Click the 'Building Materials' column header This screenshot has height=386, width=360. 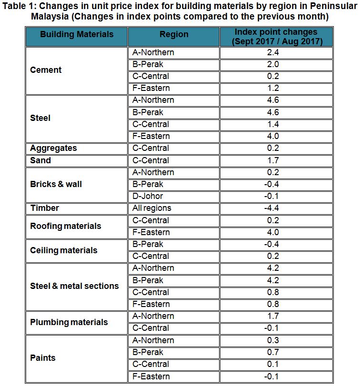pos(77,34)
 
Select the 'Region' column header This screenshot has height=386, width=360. pos(174,34)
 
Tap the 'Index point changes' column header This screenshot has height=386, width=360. pos(276,37)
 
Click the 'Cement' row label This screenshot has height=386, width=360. pos(46,70)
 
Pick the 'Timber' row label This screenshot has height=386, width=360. pos(45,208)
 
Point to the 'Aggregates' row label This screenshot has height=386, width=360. pos(53,148)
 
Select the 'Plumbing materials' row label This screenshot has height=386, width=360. pos(69,322)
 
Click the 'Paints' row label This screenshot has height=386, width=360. pos(43,358)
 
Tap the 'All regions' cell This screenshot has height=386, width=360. pos(152,208)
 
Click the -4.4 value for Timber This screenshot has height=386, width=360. pos(273,208)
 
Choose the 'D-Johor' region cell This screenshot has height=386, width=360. pos(148,196)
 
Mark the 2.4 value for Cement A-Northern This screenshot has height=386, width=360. pos(273,52)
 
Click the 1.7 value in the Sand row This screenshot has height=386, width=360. pos(273,160)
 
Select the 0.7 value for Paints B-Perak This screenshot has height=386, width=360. pos(273,352)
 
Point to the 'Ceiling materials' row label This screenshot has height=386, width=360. pos(63,250)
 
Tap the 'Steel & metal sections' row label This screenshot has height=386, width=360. pos(74,286)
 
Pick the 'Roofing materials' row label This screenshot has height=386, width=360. pos(66,226)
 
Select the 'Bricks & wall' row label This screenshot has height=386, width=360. pos(56,184)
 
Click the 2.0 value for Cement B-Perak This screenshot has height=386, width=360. pos(273,64)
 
